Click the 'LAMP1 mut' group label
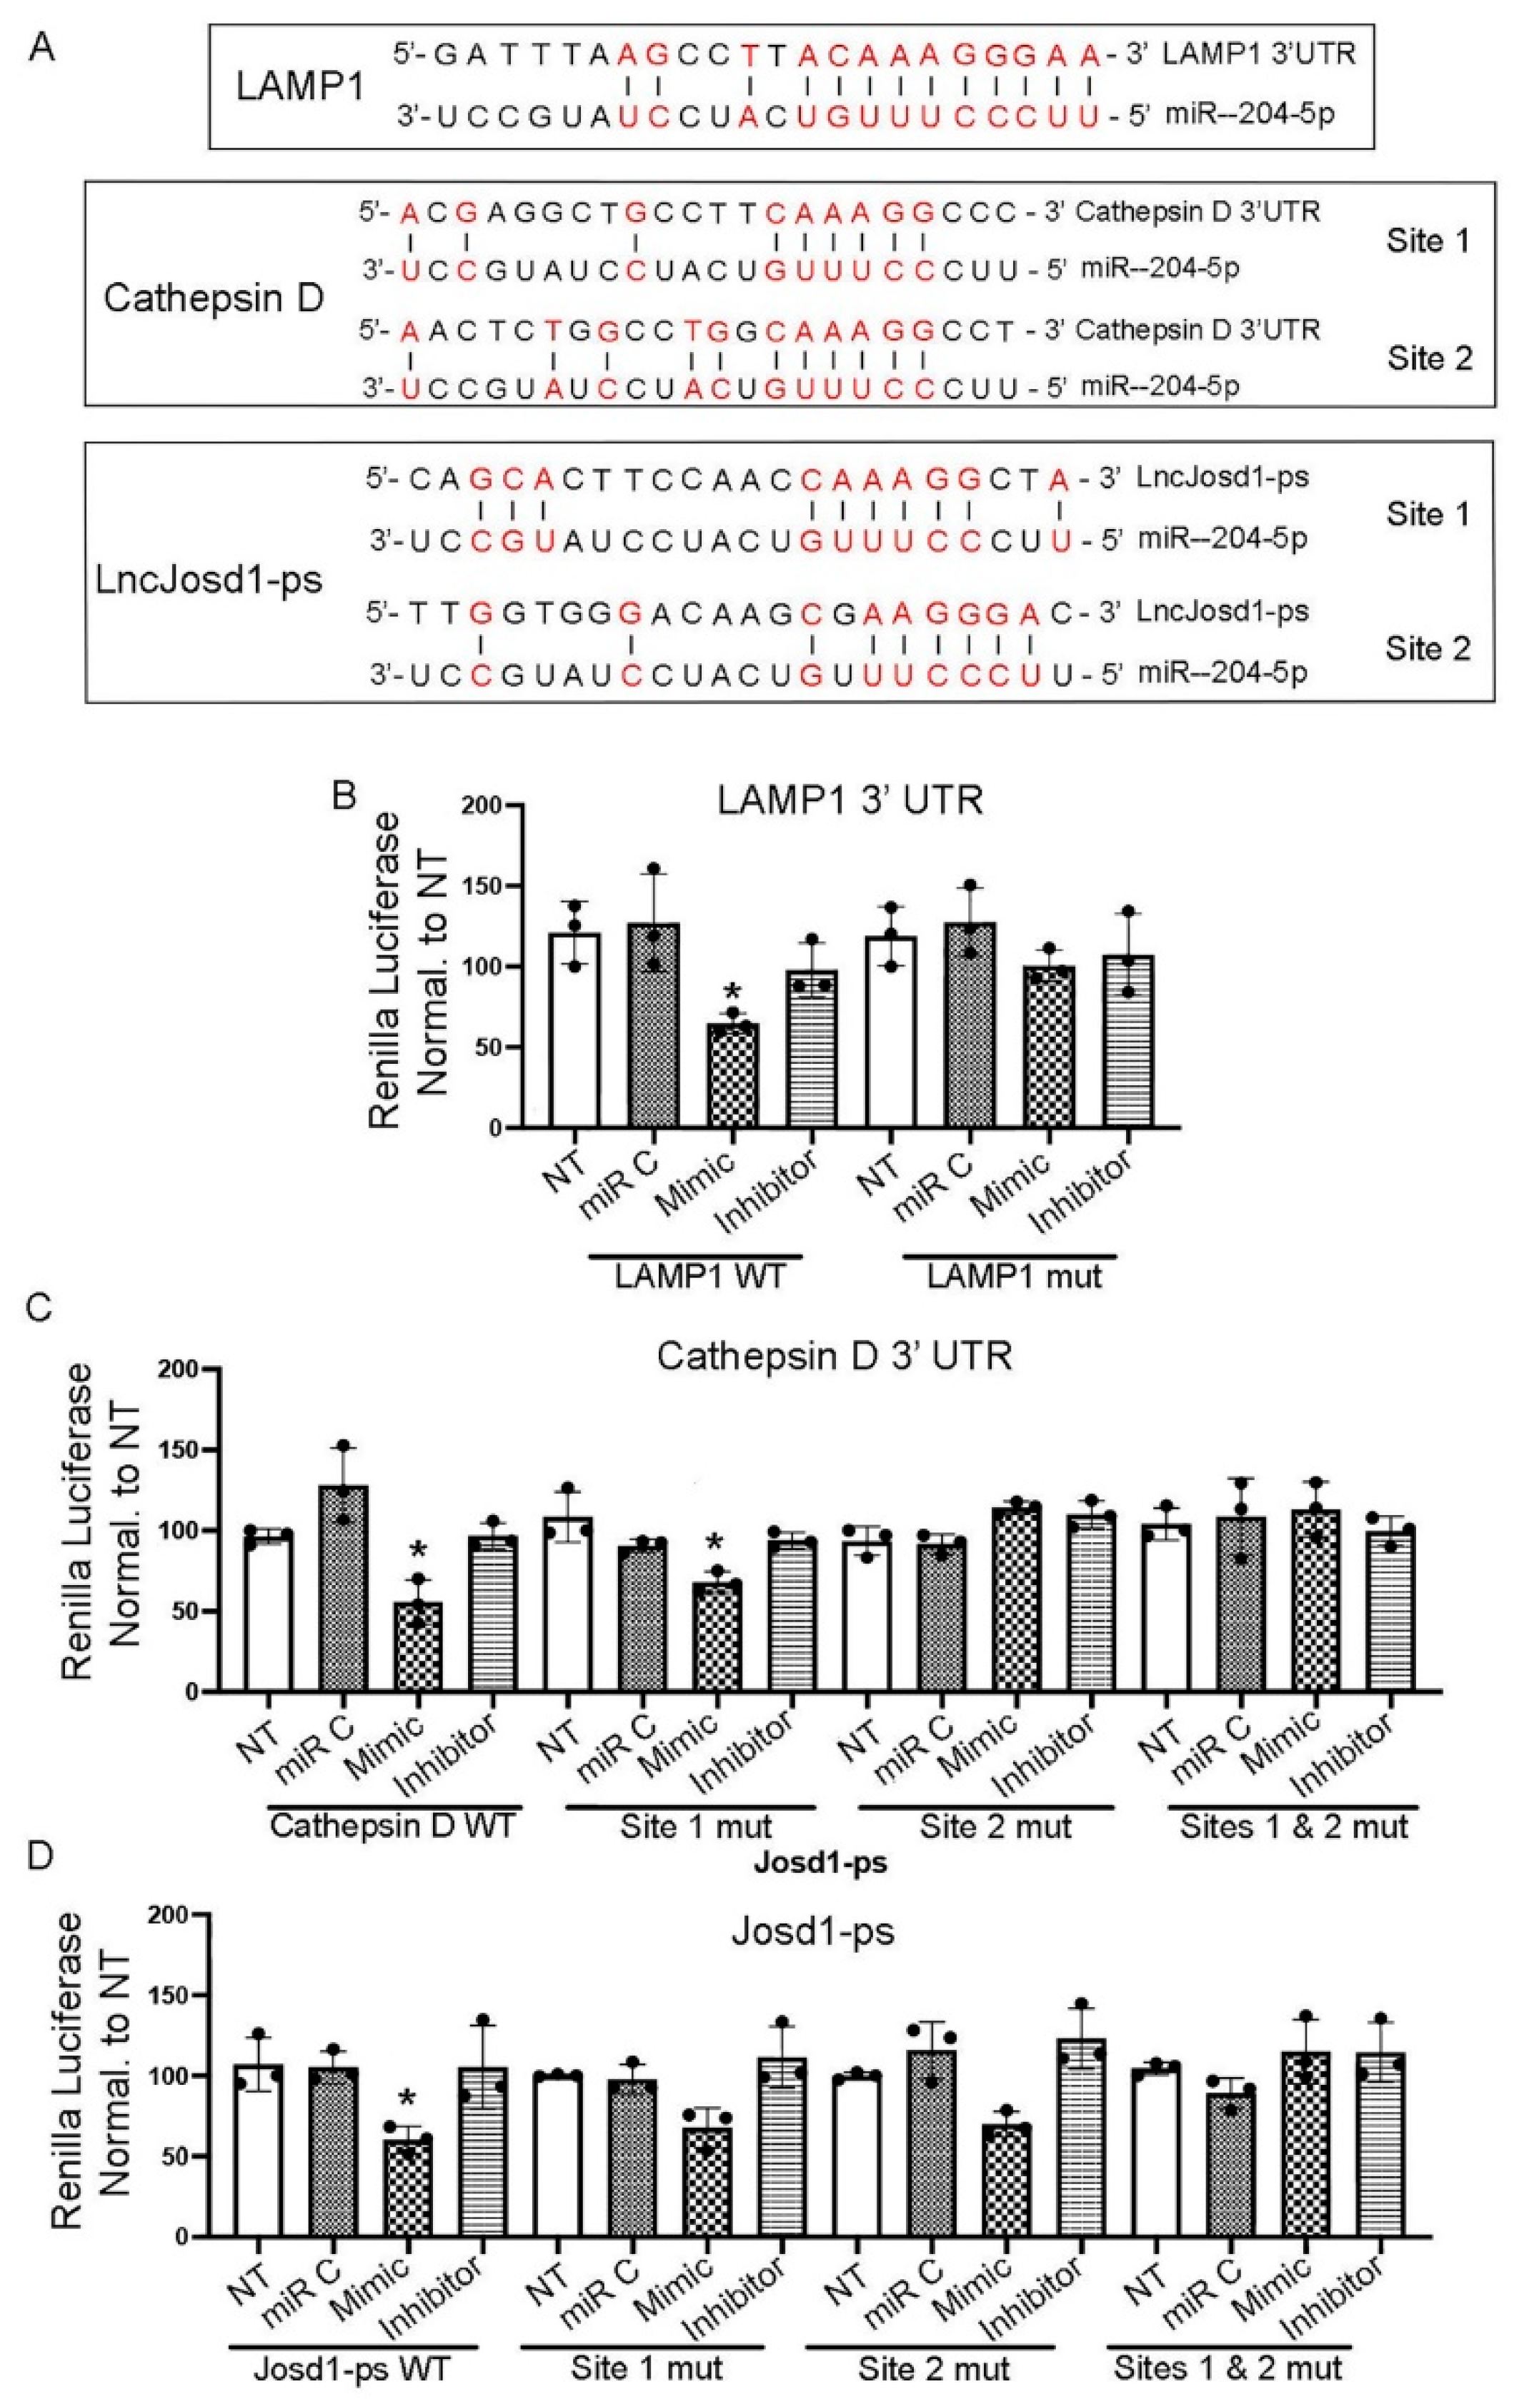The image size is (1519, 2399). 1014,1276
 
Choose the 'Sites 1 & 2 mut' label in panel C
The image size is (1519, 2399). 1294,1827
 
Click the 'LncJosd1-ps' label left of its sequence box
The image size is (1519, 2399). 209,580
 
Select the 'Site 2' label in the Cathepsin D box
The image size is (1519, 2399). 1428,358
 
